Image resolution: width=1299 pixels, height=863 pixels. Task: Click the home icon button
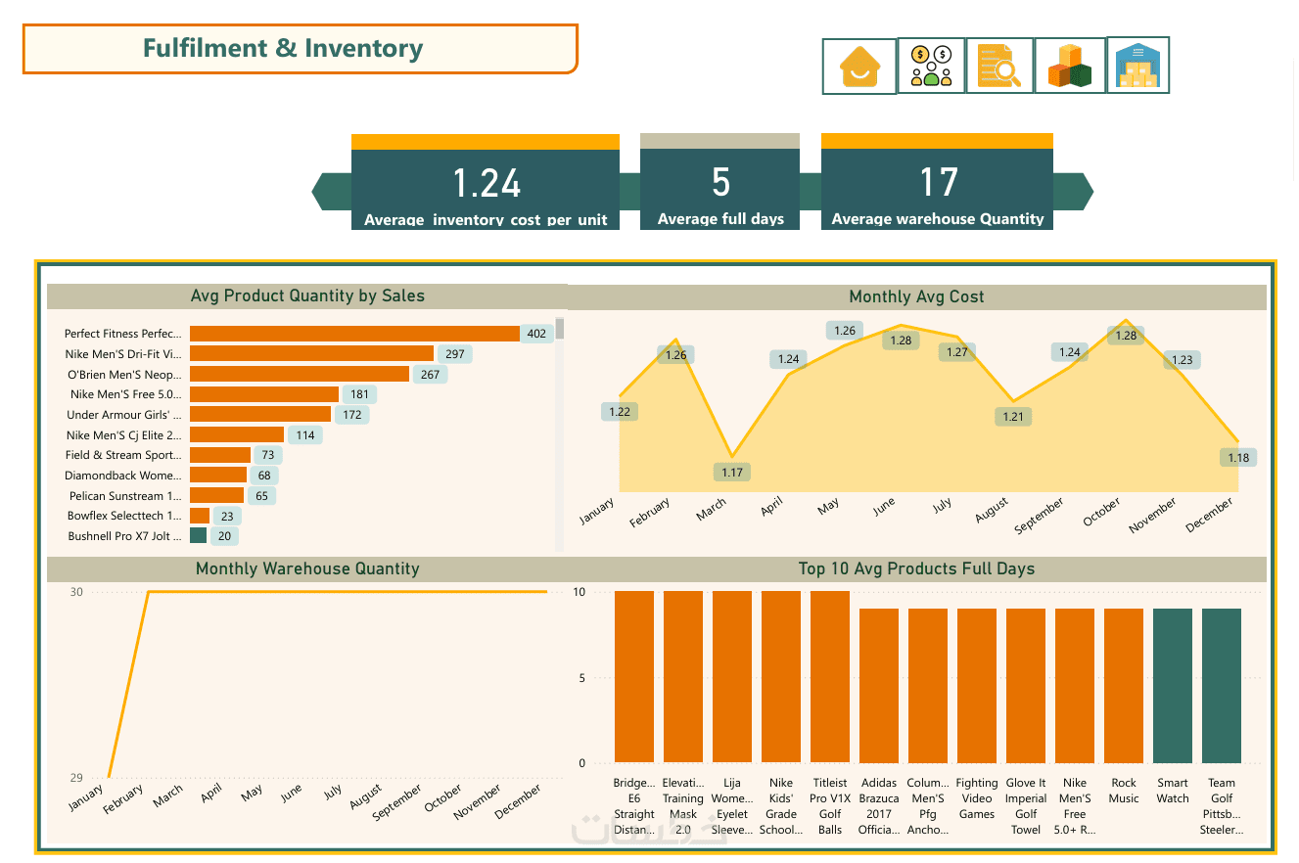[x=858, y=67]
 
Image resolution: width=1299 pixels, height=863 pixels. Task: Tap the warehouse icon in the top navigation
[x=1137, y=66]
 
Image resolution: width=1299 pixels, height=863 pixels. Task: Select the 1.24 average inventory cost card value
[x=486, y=183]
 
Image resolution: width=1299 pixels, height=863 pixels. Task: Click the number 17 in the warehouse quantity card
[x=937, y=182]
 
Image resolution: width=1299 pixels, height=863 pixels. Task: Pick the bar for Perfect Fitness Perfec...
[x=354, y=334]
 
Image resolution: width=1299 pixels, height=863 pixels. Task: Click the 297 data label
[x=454, y=354]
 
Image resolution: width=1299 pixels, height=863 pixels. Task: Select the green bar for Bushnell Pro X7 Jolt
[x=198, y=536]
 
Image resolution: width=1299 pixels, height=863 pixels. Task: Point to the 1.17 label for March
[x=732, y=473]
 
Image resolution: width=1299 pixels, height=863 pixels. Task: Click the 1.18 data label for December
[x=1238, y=458]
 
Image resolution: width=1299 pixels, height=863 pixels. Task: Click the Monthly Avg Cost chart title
[x=916, y=296]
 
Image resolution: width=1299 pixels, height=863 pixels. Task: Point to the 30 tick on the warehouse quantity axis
[x=76, y=592]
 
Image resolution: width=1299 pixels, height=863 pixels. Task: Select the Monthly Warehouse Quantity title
[x=307, y=568]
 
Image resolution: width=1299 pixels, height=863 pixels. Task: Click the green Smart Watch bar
[x=1173, y=685]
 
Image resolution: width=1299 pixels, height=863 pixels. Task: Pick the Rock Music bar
[x=1124, y=685]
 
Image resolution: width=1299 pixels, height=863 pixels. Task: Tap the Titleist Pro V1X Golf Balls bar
[x=830, y=676]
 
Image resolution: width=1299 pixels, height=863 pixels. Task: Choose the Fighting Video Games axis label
[x=977, y=798]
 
